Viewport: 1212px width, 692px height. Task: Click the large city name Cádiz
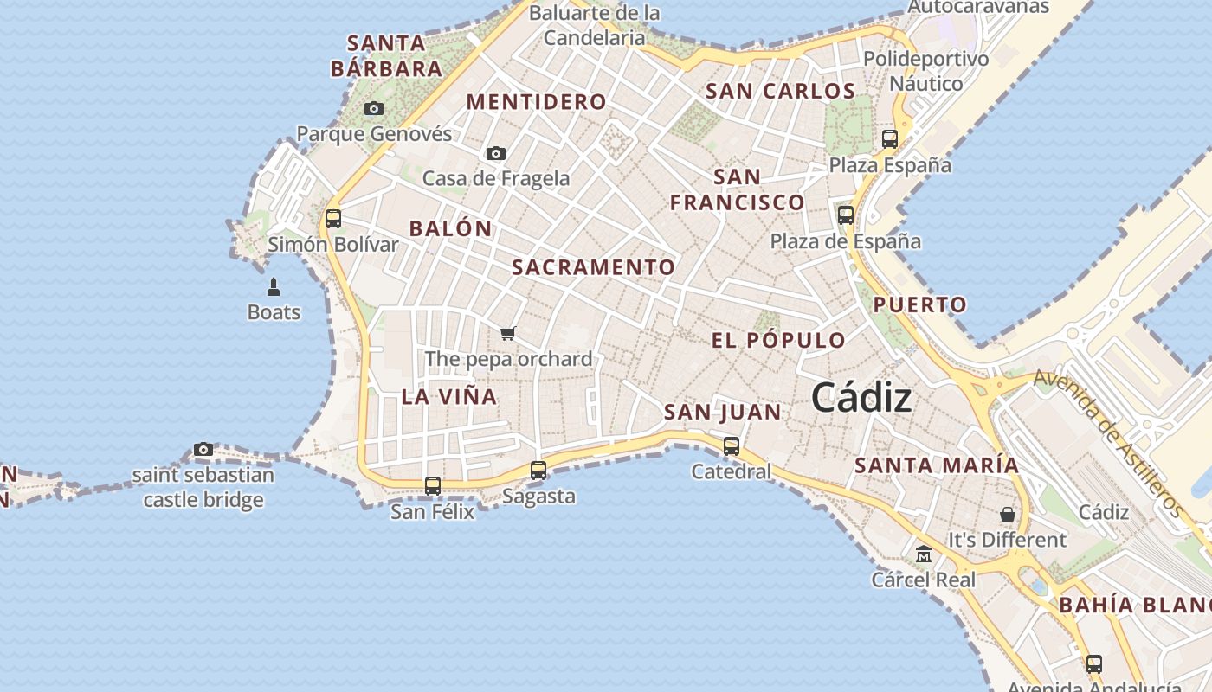coord(861,398)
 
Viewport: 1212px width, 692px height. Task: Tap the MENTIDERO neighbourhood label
coord(537,102)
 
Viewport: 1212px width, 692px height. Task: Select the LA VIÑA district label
coord(449,397)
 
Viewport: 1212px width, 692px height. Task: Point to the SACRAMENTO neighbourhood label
coord(593,267)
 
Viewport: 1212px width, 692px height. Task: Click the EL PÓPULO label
coord(778,340)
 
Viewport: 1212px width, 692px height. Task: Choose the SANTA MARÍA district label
coord(937,465)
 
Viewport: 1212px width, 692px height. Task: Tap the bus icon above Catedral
coord(732,446)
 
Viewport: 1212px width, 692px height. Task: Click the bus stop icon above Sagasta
coord(538,471)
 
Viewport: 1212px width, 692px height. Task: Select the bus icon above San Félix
coord(433,486)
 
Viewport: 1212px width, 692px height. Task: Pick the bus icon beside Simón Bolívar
coord(333,219)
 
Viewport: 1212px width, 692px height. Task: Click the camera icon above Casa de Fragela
coord(496,154)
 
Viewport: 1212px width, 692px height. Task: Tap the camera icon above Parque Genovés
coord(374,109)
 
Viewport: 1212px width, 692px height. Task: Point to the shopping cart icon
coord(508,333)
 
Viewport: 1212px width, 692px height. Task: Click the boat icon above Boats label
coord(274,287)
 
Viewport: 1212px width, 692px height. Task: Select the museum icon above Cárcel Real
coord(924,554)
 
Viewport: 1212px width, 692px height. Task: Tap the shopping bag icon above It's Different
coord(1008,515)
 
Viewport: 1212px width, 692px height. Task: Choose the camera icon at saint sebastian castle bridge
coord(203,450)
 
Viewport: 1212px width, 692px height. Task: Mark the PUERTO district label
coord(919,304)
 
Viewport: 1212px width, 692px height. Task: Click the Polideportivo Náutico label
coord(926,71)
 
